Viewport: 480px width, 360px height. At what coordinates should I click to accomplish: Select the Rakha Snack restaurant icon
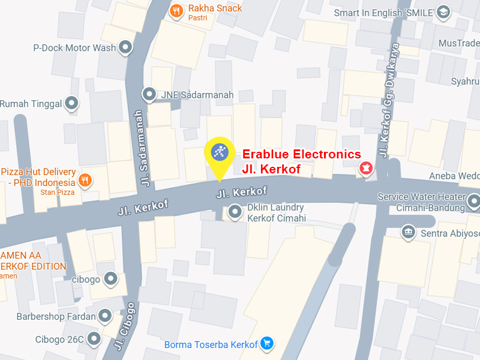click(176, 11)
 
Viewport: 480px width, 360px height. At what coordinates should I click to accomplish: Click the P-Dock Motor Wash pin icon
click(125, 47)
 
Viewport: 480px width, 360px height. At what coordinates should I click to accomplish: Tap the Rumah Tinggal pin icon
click(72, 104)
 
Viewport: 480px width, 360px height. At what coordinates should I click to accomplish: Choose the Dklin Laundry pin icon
click(235, 212)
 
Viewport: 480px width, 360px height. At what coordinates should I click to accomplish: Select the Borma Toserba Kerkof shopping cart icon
click(267, 344)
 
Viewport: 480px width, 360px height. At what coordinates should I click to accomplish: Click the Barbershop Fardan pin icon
click(106, 316)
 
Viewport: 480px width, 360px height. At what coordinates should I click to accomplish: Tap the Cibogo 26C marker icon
click(94, 339)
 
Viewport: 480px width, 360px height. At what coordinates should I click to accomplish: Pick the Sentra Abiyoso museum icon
click(409, 232)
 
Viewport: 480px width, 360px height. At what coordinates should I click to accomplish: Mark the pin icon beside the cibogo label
click(110, 278)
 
